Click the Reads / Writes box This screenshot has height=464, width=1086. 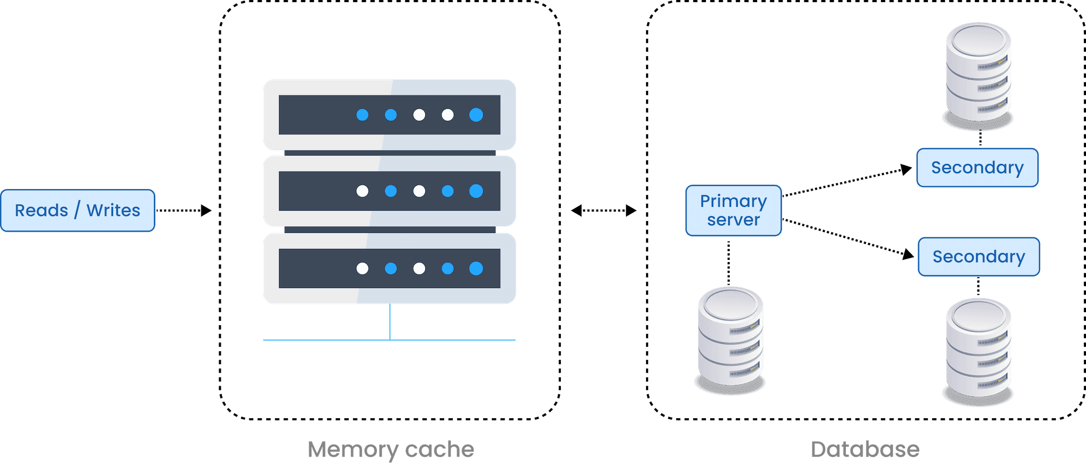[77, 210]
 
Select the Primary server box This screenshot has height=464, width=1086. [733, 211]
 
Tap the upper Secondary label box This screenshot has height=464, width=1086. [977, 167]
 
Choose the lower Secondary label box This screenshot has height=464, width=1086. [979, 257]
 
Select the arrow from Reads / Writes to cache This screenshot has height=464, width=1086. [184, 210]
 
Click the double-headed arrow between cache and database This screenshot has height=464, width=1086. [603, 210]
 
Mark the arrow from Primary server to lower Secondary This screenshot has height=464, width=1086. [847, 237]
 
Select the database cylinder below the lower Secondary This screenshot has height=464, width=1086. [979, 349]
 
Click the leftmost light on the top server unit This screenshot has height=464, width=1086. [362, 115]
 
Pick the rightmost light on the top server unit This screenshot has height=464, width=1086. [476, 115]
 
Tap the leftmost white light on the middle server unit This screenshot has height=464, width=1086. [362, 191]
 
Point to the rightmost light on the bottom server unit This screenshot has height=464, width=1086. [476, 268]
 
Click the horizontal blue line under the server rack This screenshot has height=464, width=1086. [324, 340]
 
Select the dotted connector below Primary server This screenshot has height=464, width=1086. [728, 262]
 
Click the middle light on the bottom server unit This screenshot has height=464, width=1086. [419, 268]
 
